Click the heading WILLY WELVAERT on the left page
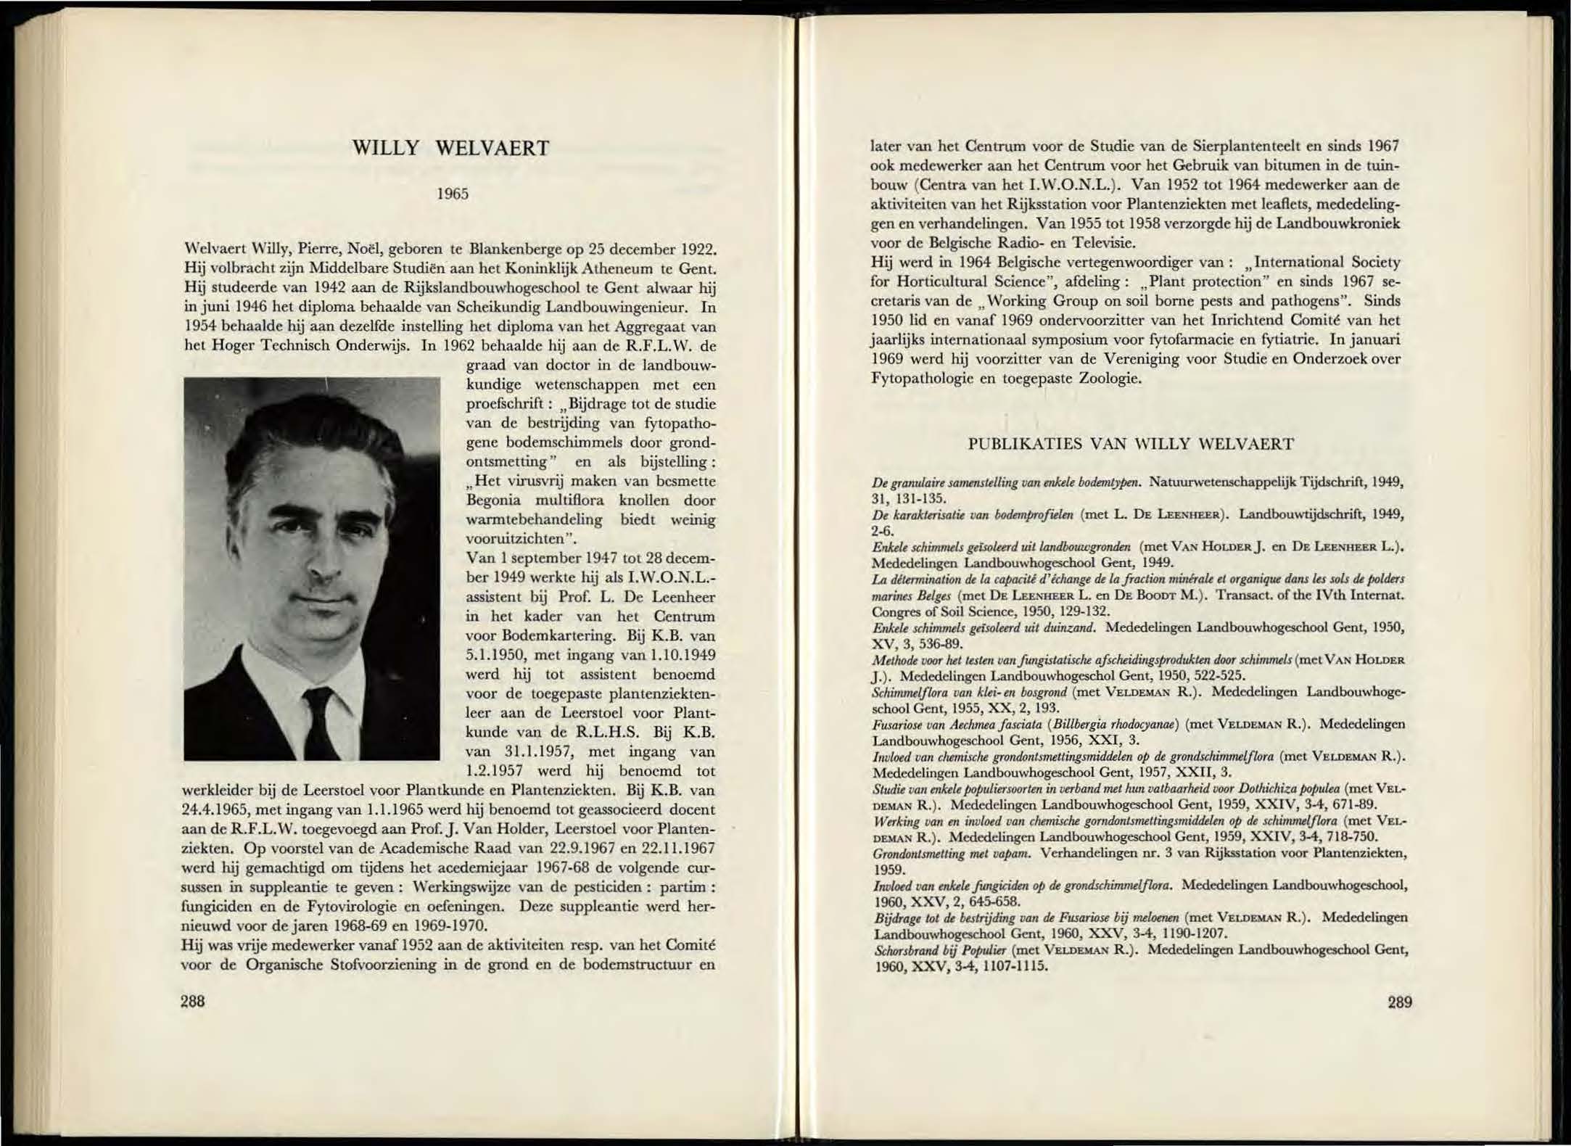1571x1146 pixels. (x=450, y=149)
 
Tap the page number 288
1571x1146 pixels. (x=193, y=1002)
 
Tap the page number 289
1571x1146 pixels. (x=1400, y=1002)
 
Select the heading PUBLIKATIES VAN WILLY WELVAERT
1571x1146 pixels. (x=1131, y=444)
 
